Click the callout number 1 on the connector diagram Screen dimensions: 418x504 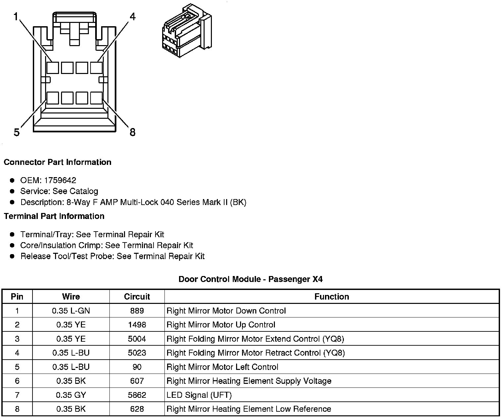16,17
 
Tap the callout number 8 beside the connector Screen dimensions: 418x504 132,132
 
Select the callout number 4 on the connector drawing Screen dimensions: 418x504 132,17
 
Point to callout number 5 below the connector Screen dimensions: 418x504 17,133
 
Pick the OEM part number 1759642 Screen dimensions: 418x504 60,180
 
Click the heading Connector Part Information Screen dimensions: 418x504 57,162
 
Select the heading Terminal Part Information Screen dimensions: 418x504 54,216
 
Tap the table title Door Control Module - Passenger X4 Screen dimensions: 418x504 250,279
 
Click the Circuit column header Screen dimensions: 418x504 137,297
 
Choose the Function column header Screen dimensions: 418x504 332,297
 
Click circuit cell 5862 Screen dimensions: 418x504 137,395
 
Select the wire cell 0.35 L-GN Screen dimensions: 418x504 71,311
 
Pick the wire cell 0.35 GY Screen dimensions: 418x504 71,395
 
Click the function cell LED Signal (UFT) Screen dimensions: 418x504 199,395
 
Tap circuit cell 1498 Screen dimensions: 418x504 137,325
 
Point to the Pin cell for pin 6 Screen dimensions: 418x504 17,381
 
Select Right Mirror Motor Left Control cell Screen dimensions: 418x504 222,367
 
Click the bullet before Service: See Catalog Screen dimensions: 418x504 12,191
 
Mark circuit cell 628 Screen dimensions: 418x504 137,409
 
